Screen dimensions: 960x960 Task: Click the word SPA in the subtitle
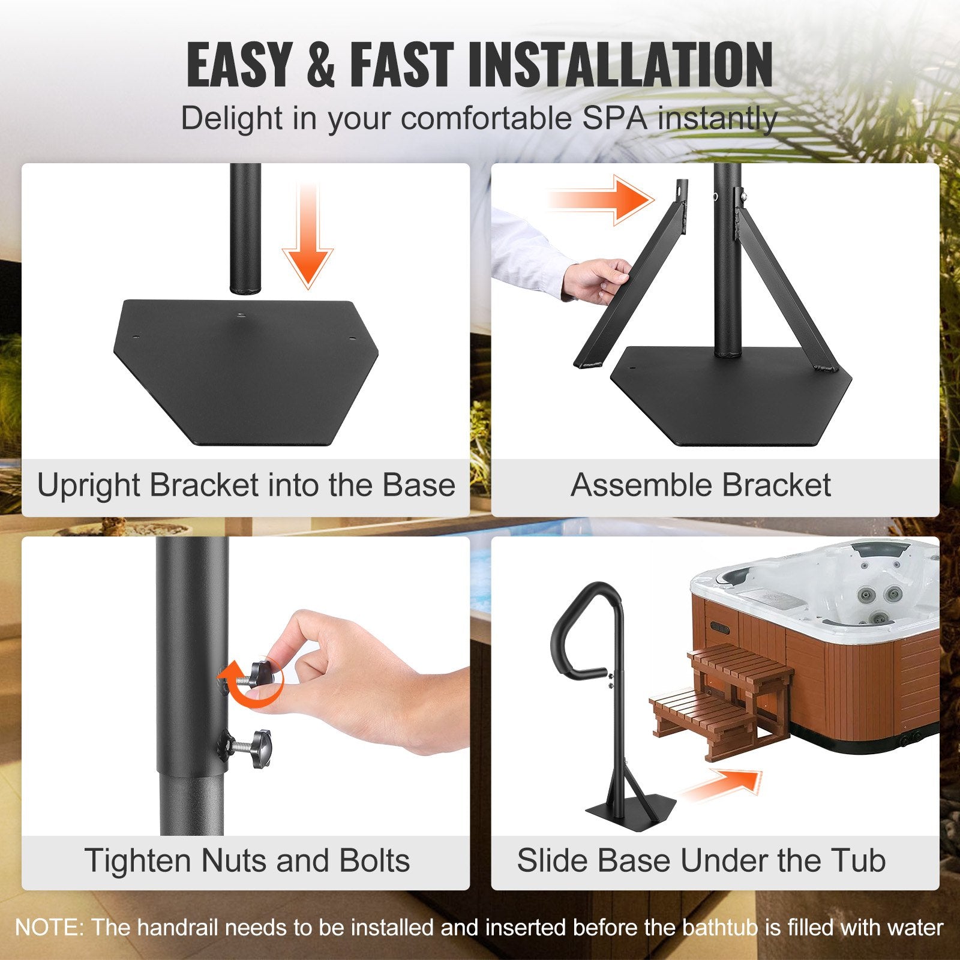click(x=614, y=118)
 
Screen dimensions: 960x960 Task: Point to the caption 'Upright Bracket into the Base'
click(x=246, y=485)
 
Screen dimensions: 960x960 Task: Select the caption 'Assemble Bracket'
click(x=700, y=485)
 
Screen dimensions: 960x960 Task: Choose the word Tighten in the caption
click(x=138, y=860)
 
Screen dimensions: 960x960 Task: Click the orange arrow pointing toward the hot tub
click(x=723, y=785)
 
